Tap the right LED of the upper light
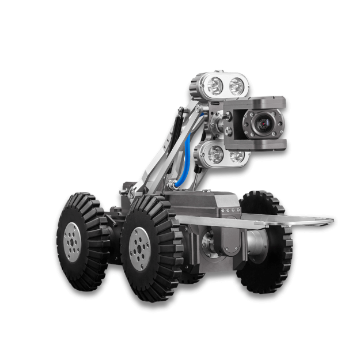click(x=236, y=86)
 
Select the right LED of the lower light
click(x=236, y=156)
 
